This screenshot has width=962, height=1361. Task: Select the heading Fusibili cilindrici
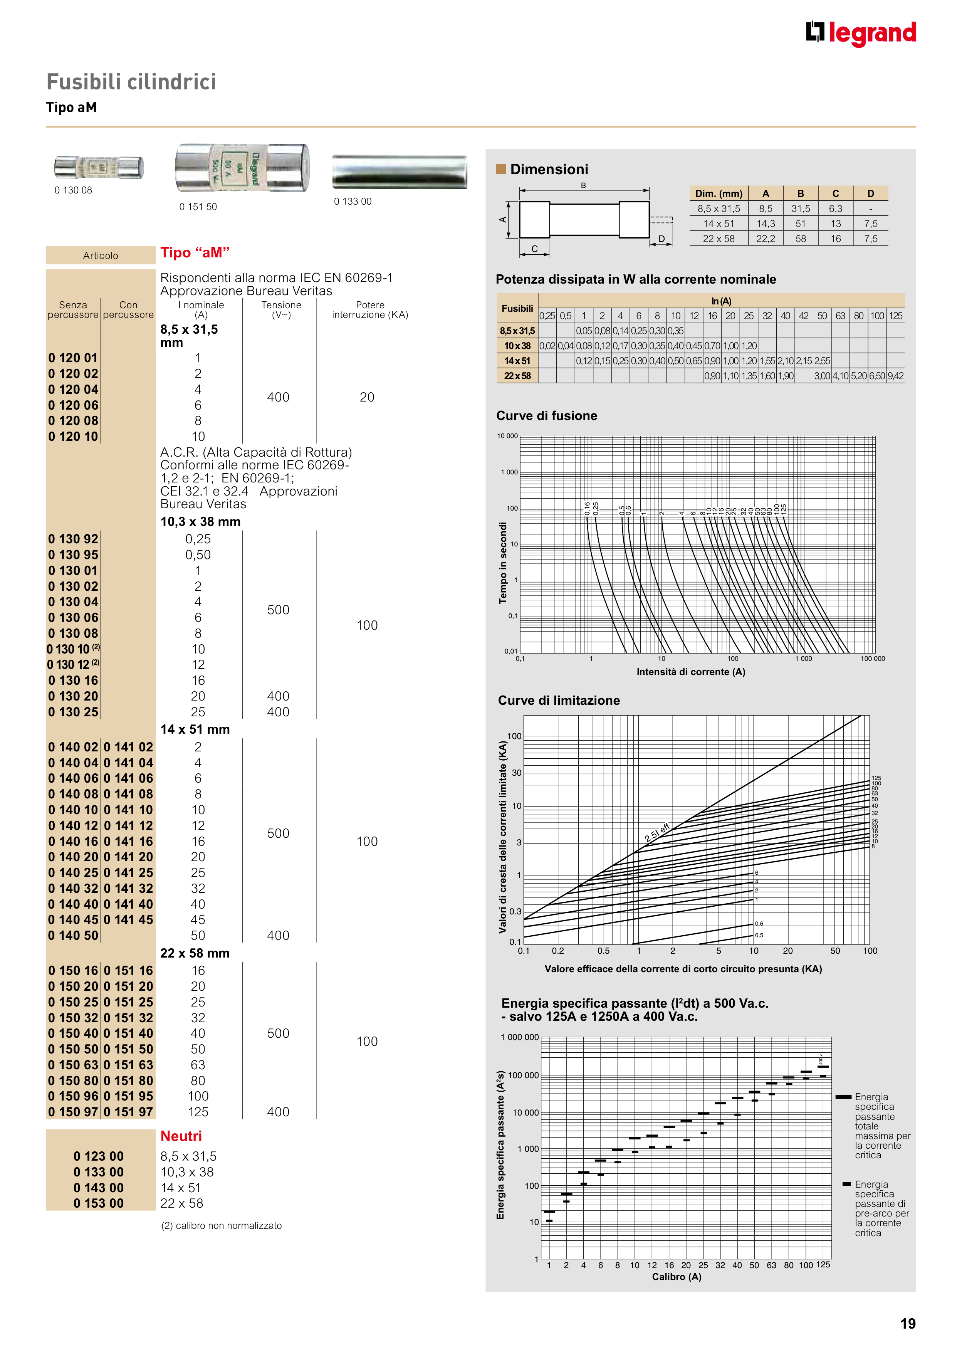click(131, 82)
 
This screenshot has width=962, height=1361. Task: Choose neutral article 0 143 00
click(98, 1187)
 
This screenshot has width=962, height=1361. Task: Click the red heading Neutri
click(181, 1136)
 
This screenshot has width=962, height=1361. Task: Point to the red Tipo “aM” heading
click(195, 252)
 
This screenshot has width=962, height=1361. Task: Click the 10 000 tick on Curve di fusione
click(507, 436)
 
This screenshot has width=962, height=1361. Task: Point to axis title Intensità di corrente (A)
click(690, 672)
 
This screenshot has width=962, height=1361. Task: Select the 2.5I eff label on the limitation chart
click(657, 832)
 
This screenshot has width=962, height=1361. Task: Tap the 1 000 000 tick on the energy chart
click(520, 1037)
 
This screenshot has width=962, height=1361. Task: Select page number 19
click(907, 1324)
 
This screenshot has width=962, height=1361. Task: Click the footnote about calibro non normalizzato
click(221, 1225)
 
